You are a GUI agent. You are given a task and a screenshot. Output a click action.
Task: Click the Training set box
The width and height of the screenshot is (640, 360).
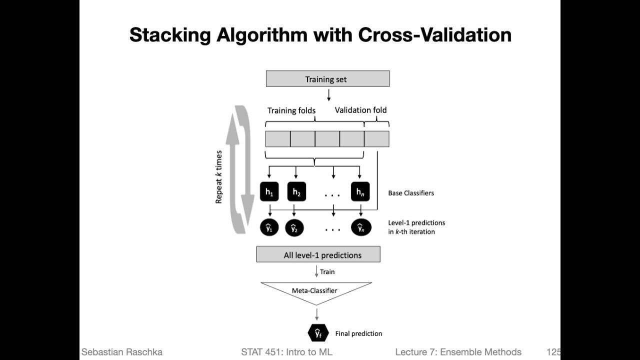click(x=327, y=79)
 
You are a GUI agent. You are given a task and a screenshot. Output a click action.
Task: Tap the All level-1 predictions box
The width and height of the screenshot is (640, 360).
click(x=318, y=254)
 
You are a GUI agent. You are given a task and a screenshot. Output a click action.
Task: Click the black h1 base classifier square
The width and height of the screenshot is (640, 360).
click(x=269, y=192)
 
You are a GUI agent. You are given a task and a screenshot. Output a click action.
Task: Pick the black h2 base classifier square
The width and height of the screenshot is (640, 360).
click(x=296, y=192)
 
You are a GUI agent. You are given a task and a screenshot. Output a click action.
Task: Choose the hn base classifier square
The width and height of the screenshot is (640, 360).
click(x=360, y=192)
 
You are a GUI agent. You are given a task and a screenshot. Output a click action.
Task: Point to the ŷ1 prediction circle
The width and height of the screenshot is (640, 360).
click(x=269, y=228)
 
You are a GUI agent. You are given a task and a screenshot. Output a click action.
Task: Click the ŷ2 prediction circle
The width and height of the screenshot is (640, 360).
click(x=294, y=228)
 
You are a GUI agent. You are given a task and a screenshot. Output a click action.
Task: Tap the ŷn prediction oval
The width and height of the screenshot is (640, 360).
click(x=360, y=228)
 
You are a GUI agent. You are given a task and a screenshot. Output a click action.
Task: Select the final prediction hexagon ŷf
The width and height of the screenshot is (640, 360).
click(x=317, y=333)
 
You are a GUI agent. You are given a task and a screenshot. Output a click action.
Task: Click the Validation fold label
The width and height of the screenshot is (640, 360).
click(x=360, y=110)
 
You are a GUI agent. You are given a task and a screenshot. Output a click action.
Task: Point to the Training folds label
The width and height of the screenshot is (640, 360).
click(x=291, y=110)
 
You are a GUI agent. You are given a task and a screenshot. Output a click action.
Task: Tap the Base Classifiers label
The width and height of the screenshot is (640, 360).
click(x=411, y=193)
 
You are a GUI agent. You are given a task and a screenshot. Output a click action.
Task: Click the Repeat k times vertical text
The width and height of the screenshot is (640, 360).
click(x=219, y=176)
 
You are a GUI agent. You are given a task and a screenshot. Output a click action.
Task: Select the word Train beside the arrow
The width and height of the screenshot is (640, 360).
click(x=327, y=272)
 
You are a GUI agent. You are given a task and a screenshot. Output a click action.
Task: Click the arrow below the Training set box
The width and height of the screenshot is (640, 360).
click(x=328, y=94)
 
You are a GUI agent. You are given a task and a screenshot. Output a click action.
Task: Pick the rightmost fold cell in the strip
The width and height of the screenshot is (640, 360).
click(x=376, y=138)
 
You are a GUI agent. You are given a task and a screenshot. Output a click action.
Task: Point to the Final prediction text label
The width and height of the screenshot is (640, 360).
click(x=358, y=333)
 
